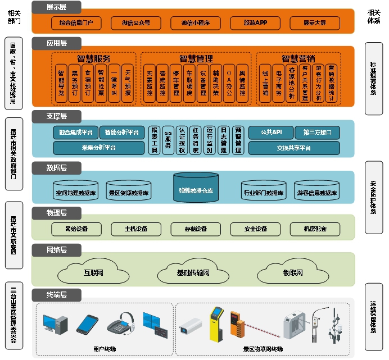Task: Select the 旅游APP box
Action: point(255,24)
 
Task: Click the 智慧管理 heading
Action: point(196,58)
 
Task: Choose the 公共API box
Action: point(269,133)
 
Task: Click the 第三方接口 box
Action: point(318,133)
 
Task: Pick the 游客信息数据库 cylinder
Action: point(317,191)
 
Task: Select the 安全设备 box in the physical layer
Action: point(256,229)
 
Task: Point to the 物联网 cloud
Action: point(292,272)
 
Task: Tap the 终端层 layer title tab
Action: point(57,294)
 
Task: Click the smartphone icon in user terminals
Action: point(88,324)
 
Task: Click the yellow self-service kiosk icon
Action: point(216,323)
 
